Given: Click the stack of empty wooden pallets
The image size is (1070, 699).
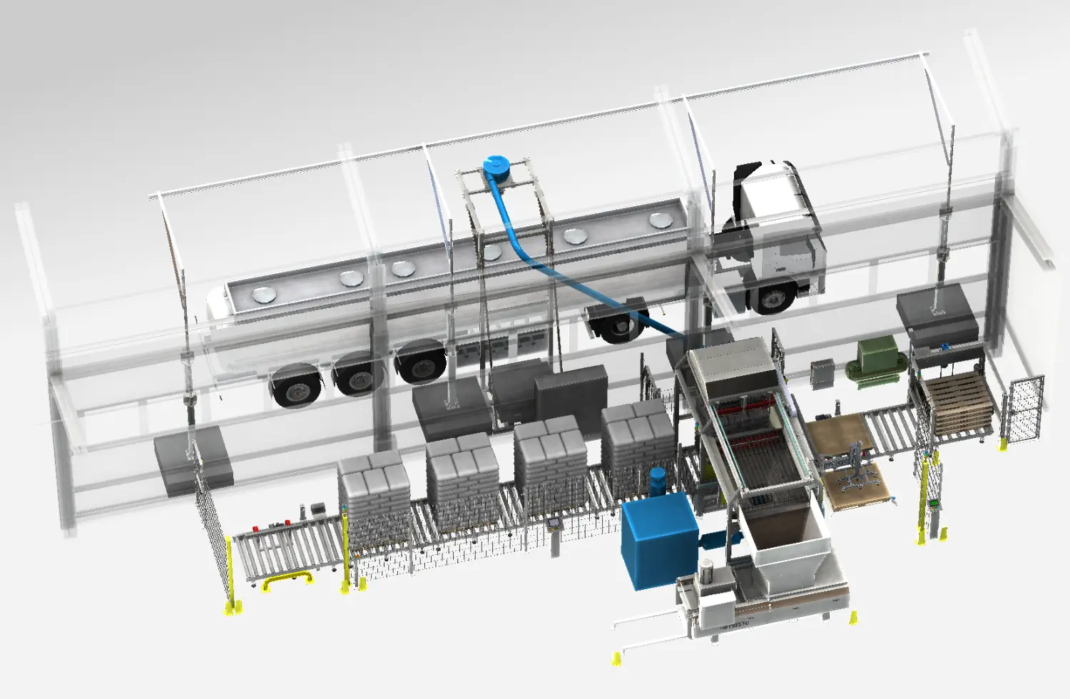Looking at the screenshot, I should tap(960, 404).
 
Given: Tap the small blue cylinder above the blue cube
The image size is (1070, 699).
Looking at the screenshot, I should tap(657, 481).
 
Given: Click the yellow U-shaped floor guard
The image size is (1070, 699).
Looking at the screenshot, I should tap(287, 581).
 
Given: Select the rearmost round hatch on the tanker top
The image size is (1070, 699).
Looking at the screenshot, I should tap(264, 293).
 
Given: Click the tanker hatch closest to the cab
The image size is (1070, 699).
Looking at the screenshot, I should tap(660, 220).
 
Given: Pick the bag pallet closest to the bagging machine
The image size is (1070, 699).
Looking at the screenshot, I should tap(636, 442).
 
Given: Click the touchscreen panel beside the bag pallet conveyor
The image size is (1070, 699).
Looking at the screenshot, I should tap(554, 523).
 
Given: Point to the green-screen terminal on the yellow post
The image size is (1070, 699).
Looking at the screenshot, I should tap(932, 504).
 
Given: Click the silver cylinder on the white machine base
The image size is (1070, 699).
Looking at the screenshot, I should tap(705, 571).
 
